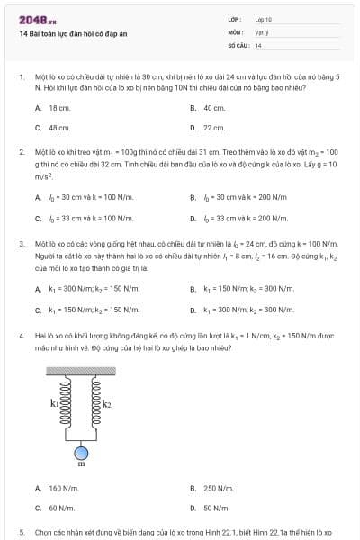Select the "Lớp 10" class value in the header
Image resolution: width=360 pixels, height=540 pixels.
(x=263, y=18)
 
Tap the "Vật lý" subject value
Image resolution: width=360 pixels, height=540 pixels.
(x=262, y=31)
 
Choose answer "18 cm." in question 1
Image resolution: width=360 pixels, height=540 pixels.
(x=59, y=107)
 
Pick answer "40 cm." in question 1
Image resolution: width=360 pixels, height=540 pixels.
(x=213, y=107)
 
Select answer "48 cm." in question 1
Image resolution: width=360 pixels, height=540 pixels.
(x=59, y=127)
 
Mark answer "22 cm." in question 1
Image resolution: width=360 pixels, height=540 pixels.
(x=213, y=127)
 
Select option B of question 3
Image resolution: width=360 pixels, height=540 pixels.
(x=243, y=289)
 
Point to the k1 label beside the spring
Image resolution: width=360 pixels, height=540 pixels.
(x=54, y=403)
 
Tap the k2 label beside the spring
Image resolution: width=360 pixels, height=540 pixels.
(x=107, y=403)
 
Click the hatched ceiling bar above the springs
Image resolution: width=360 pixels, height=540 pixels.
(x=81, y=369)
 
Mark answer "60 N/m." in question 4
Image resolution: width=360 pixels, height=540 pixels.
(x=61, y=508)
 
